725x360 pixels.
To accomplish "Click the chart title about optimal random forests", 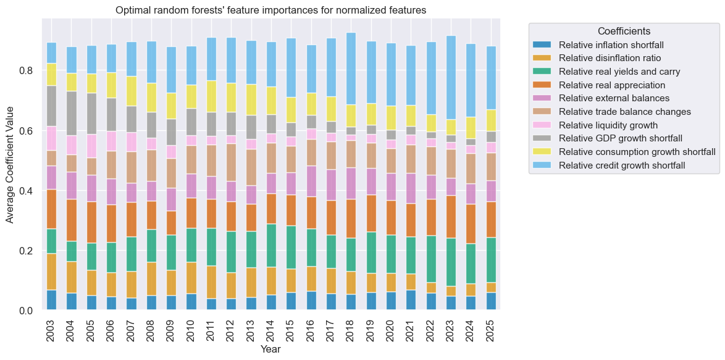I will (x=271, y=10).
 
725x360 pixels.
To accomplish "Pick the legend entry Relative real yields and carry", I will (x=619, y=72).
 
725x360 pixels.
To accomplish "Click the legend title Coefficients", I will (x=624, y=31).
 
